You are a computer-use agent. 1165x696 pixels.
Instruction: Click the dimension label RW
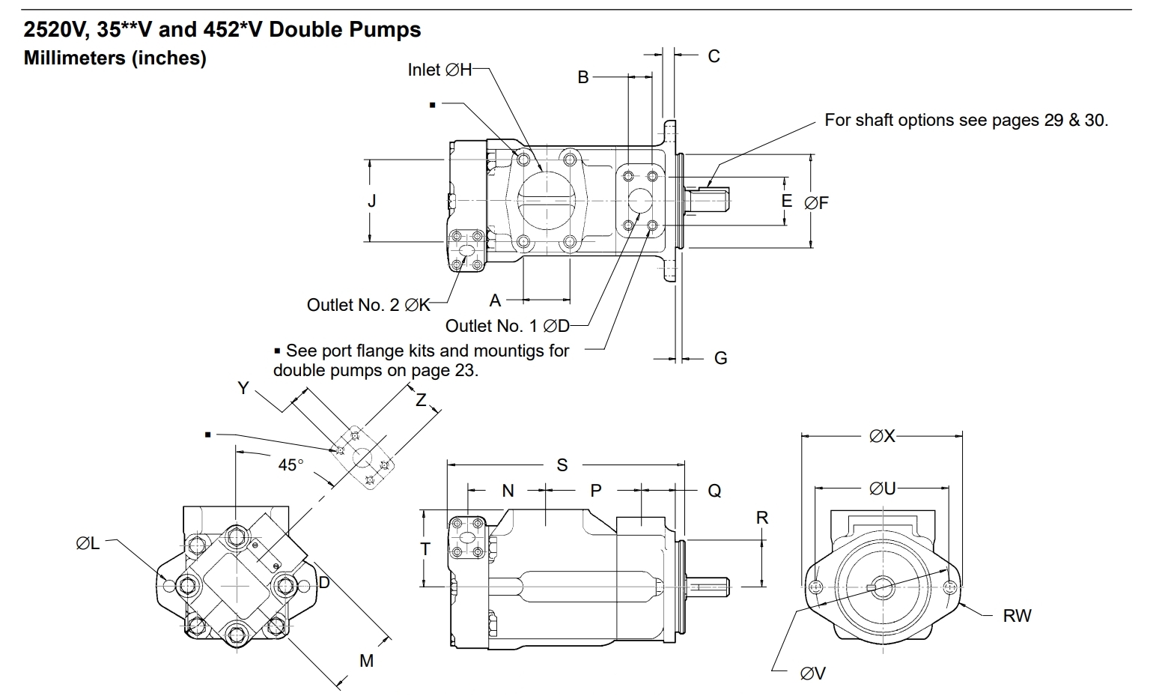click(1017, 616)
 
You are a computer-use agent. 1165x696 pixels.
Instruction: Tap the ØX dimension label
click(882, 436)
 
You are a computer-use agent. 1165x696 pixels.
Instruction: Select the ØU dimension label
click(882, 489)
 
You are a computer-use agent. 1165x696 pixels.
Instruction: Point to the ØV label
click(812, 674)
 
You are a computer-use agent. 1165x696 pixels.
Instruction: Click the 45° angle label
click(291, 464)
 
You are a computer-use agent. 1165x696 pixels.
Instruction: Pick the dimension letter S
click(562, 465)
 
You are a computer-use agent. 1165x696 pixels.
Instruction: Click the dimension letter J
click(372, 201)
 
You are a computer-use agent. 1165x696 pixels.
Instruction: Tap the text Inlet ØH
click(440, 70)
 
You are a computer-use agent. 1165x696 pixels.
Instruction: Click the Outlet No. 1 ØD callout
click(507, 326)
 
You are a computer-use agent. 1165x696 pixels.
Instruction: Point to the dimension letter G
click(720, 358)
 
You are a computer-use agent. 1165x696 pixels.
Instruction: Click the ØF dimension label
click(816, 202)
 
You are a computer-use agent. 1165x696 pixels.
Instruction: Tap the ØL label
click(88, 543)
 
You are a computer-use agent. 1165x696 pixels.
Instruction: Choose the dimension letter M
click(366, 661)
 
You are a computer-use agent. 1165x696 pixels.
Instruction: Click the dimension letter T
click(425, 549)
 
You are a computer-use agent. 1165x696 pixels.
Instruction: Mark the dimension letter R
click(762, 518)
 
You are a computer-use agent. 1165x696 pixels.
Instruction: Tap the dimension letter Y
click(243, 387)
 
